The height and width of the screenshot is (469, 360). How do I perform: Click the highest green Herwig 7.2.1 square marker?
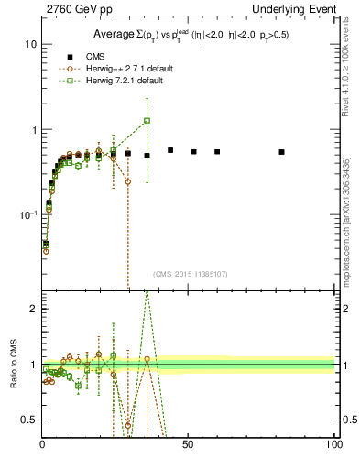147,121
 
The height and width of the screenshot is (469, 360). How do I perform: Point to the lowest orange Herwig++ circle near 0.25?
127,181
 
